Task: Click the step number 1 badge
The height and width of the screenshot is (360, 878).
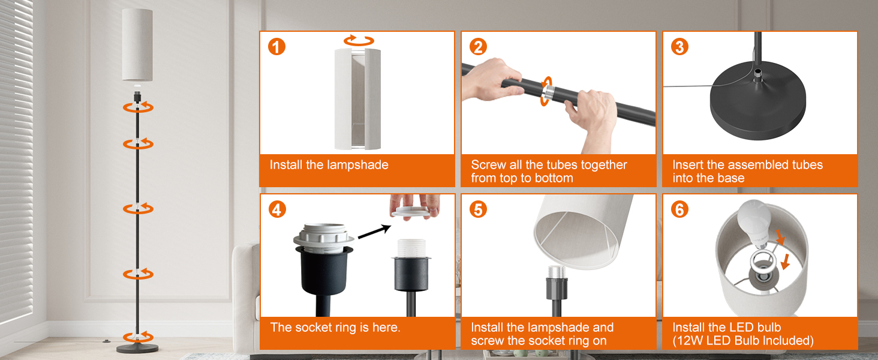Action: point(276,47)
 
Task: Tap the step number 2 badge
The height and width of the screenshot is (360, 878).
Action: point(478,47)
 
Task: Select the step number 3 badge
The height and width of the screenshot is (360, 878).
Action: point(679,47)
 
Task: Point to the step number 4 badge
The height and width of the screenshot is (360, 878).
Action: point(277,210)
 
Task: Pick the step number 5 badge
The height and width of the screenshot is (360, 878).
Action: point(478,210)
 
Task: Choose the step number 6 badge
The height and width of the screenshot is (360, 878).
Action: point(679,210)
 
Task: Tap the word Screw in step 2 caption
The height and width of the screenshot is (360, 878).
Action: point(488,165)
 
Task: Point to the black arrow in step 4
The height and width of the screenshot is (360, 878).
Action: point(374,232)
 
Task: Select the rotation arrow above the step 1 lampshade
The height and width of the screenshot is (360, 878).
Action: point(359,40)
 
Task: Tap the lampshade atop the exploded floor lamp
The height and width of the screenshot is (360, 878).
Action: point(137,45)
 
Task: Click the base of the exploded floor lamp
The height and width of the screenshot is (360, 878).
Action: point(137,348)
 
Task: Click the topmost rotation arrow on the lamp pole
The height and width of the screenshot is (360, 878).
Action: point(138,107)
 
